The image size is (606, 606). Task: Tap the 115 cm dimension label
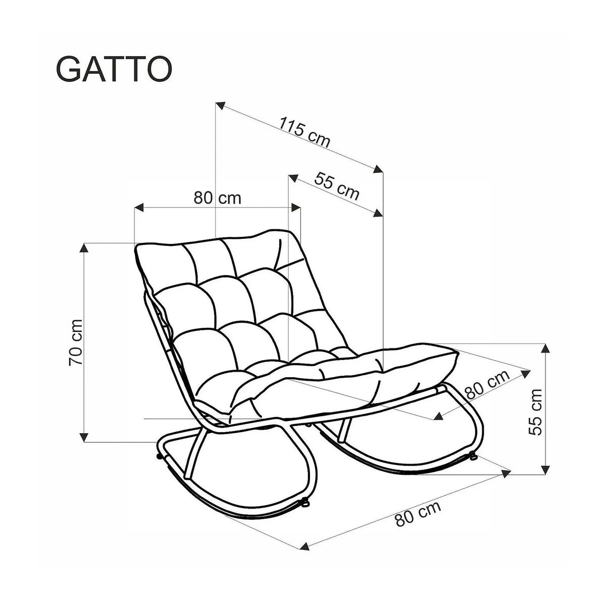305,132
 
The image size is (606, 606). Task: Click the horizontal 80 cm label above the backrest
217,198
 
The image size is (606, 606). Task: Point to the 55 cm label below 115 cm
336,186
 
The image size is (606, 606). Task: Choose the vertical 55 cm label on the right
535,412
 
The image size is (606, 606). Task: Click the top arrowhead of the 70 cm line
84,248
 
